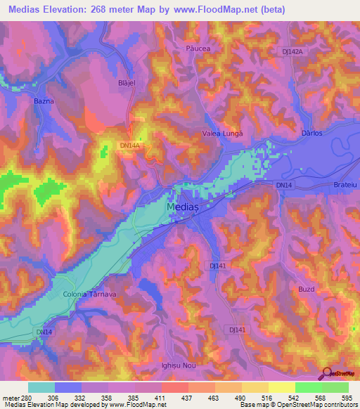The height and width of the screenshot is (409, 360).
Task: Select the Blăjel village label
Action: tap(124, 82)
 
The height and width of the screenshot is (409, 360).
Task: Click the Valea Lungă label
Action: tap(222, 134)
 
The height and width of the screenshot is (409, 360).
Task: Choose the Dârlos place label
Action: tap(310, 132)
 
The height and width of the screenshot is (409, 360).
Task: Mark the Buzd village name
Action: tap(306, 289)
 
